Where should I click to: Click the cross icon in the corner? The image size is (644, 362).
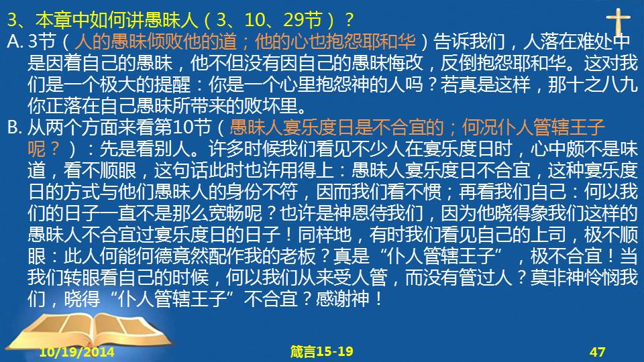pos(618,23)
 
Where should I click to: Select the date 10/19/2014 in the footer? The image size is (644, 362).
pos(76,352)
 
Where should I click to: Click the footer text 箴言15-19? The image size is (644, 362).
pos(321,351)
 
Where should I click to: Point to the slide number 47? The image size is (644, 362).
pos(597,352)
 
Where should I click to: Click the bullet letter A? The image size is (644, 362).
pos(15,42)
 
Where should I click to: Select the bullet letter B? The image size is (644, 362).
pos(14,127)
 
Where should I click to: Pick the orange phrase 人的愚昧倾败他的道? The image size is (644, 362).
pos(156,42)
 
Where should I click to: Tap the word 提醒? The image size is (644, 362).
pos(172,84)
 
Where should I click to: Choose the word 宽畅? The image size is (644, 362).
pos(226,213)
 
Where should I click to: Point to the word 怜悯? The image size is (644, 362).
pos(602,278)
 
